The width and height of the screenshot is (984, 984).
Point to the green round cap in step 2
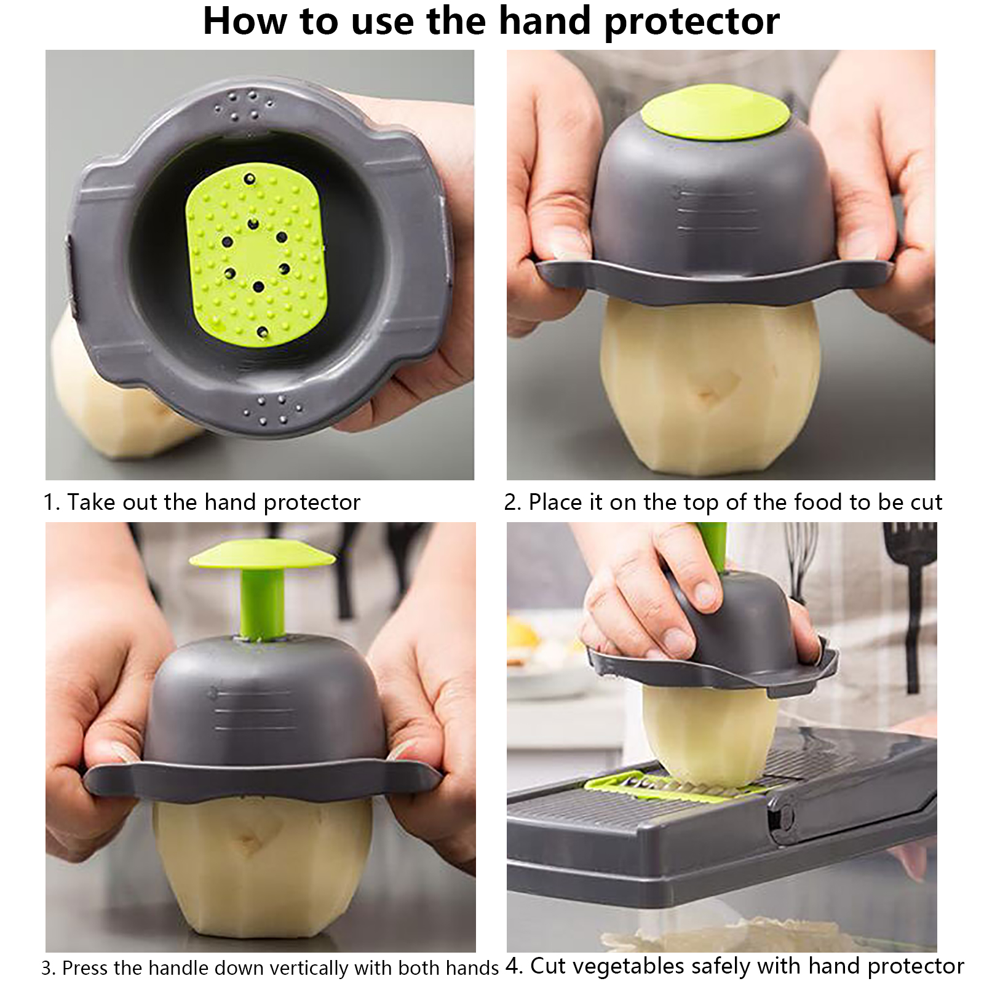click(716, 117)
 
